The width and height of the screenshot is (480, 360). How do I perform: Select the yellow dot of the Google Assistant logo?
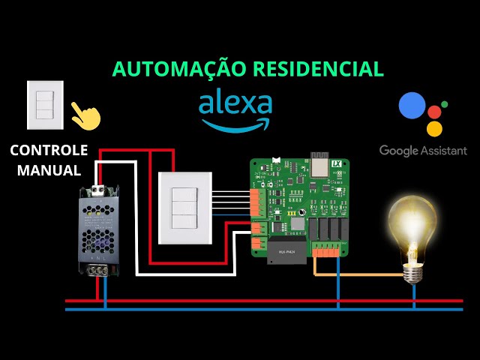click(434, 128)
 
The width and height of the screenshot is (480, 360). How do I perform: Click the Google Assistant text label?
click(423, 151)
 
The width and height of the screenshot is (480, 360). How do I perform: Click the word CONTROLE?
click(49, 150)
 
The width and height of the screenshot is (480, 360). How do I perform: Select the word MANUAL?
click(49, 170)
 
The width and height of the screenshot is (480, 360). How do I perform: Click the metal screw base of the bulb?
click(413, 273)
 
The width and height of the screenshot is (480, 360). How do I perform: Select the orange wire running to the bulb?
click(360, 274)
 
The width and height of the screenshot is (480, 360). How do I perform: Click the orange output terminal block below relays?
click(325, 251)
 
